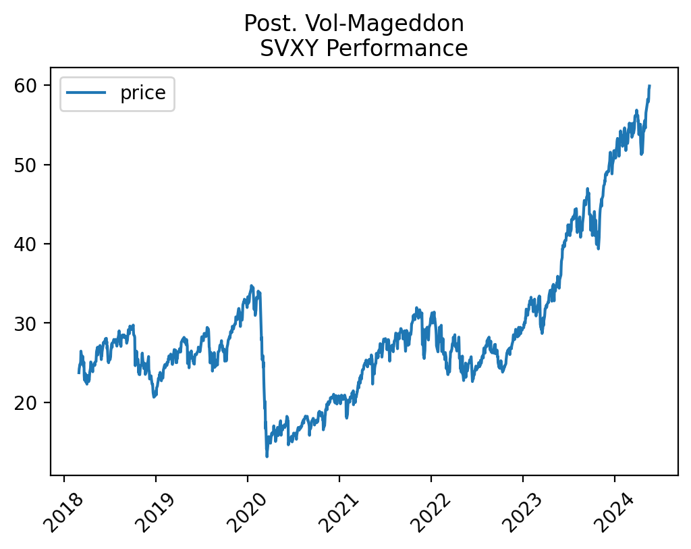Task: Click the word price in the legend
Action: coord(142,93)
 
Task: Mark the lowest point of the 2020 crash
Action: coord(267,456)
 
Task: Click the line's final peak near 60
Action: coord(649,86)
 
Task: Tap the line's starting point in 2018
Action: coord(79,373)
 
